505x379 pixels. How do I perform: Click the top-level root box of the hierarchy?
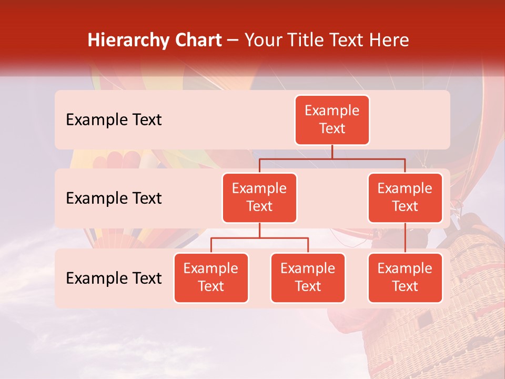(x=332, y=119)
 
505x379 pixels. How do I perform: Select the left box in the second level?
(x=259, y=197)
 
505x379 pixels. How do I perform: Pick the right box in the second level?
(x=405, y=197)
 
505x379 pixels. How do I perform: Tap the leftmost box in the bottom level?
(x=211, y=277)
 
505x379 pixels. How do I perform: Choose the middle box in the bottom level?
(x=308, y=277)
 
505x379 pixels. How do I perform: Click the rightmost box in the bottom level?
(x=405, y=277)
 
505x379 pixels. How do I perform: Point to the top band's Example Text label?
(x=114, y=120)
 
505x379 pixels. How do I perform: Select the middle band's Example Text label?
(x=114, y=198)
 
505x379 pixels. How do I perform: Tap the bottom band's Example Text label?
(x=114, y=278)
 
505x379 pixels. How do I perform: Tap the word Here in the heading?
(x=389, y=41)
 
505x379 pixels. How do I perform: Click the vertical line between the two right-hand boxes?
(x=405, y=238)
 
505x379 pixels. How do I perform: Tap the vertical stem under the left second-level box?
(x=259, y=230)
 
